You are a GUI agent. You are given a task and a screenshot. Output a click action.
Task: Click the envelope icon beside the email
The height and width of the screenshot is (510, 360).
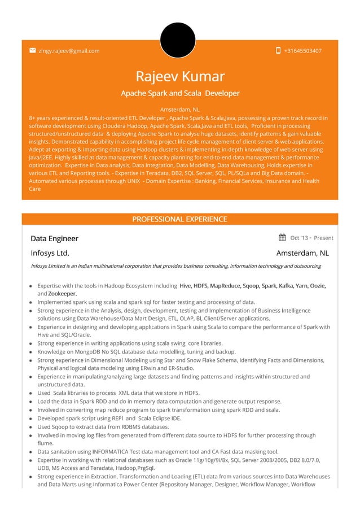tap(33, 50)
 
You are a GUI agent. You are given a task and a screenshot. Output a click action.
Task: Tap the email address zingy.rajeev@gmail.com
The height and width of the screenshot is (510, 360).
tap(69, 51)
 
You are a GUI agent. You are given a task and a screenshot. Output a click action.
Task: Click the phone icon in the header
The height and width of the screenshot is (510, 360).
tap(278, 50)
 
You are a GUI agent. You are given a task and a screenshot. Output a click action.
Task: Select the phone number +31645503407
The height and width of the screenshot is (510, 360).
tap(303, 51)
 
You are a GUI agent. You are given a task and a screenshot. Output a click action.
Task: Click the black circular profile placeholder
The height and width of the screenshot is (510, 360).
tap(178, 40)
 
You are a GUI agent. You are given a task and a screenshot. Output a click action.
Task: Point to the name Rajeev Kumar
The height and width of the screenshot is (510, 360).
tap(180, 76)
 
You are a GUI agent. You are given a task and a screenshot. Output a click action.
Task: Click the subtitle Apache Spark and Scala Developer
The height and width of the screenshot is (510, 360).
tap(180, 93)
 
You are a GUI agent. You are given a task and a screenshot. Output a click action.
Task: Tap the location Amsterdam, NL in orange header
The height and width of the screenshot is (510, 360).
tap(180, 109)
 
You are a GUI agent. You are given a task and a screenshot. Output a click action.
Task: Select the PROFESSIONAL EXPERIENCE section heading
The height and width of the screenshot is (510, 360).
tap(179, 219)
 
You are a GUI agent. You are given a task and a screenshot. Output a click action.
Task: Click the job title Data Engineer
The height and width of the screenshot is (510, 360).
tap(54, 238)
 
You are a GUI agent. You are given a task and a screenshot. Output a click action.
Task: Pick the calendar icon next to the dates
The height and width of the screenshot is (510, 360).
tap(282, 238)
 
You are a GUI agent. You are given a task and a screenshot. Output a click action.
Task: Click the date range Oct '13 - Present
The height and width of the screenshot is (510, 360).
tap(311, 238)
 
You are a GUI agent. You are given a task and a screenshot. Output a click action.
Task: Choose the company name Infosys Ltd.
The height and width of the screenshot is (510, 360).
tap(50, 253)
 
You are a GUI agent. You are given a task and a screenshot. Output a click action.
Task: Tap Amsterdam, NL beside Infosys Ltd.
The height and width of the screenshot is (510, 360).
tap(302, 253)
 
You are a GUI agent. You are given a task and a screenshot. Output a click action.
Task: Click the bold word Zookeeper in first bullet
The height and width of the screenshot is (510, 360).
tap(63, 294)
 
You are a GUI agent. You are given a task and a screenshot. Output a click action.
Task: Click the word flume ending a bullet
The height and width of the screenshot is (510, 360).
tap(45, 443)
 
